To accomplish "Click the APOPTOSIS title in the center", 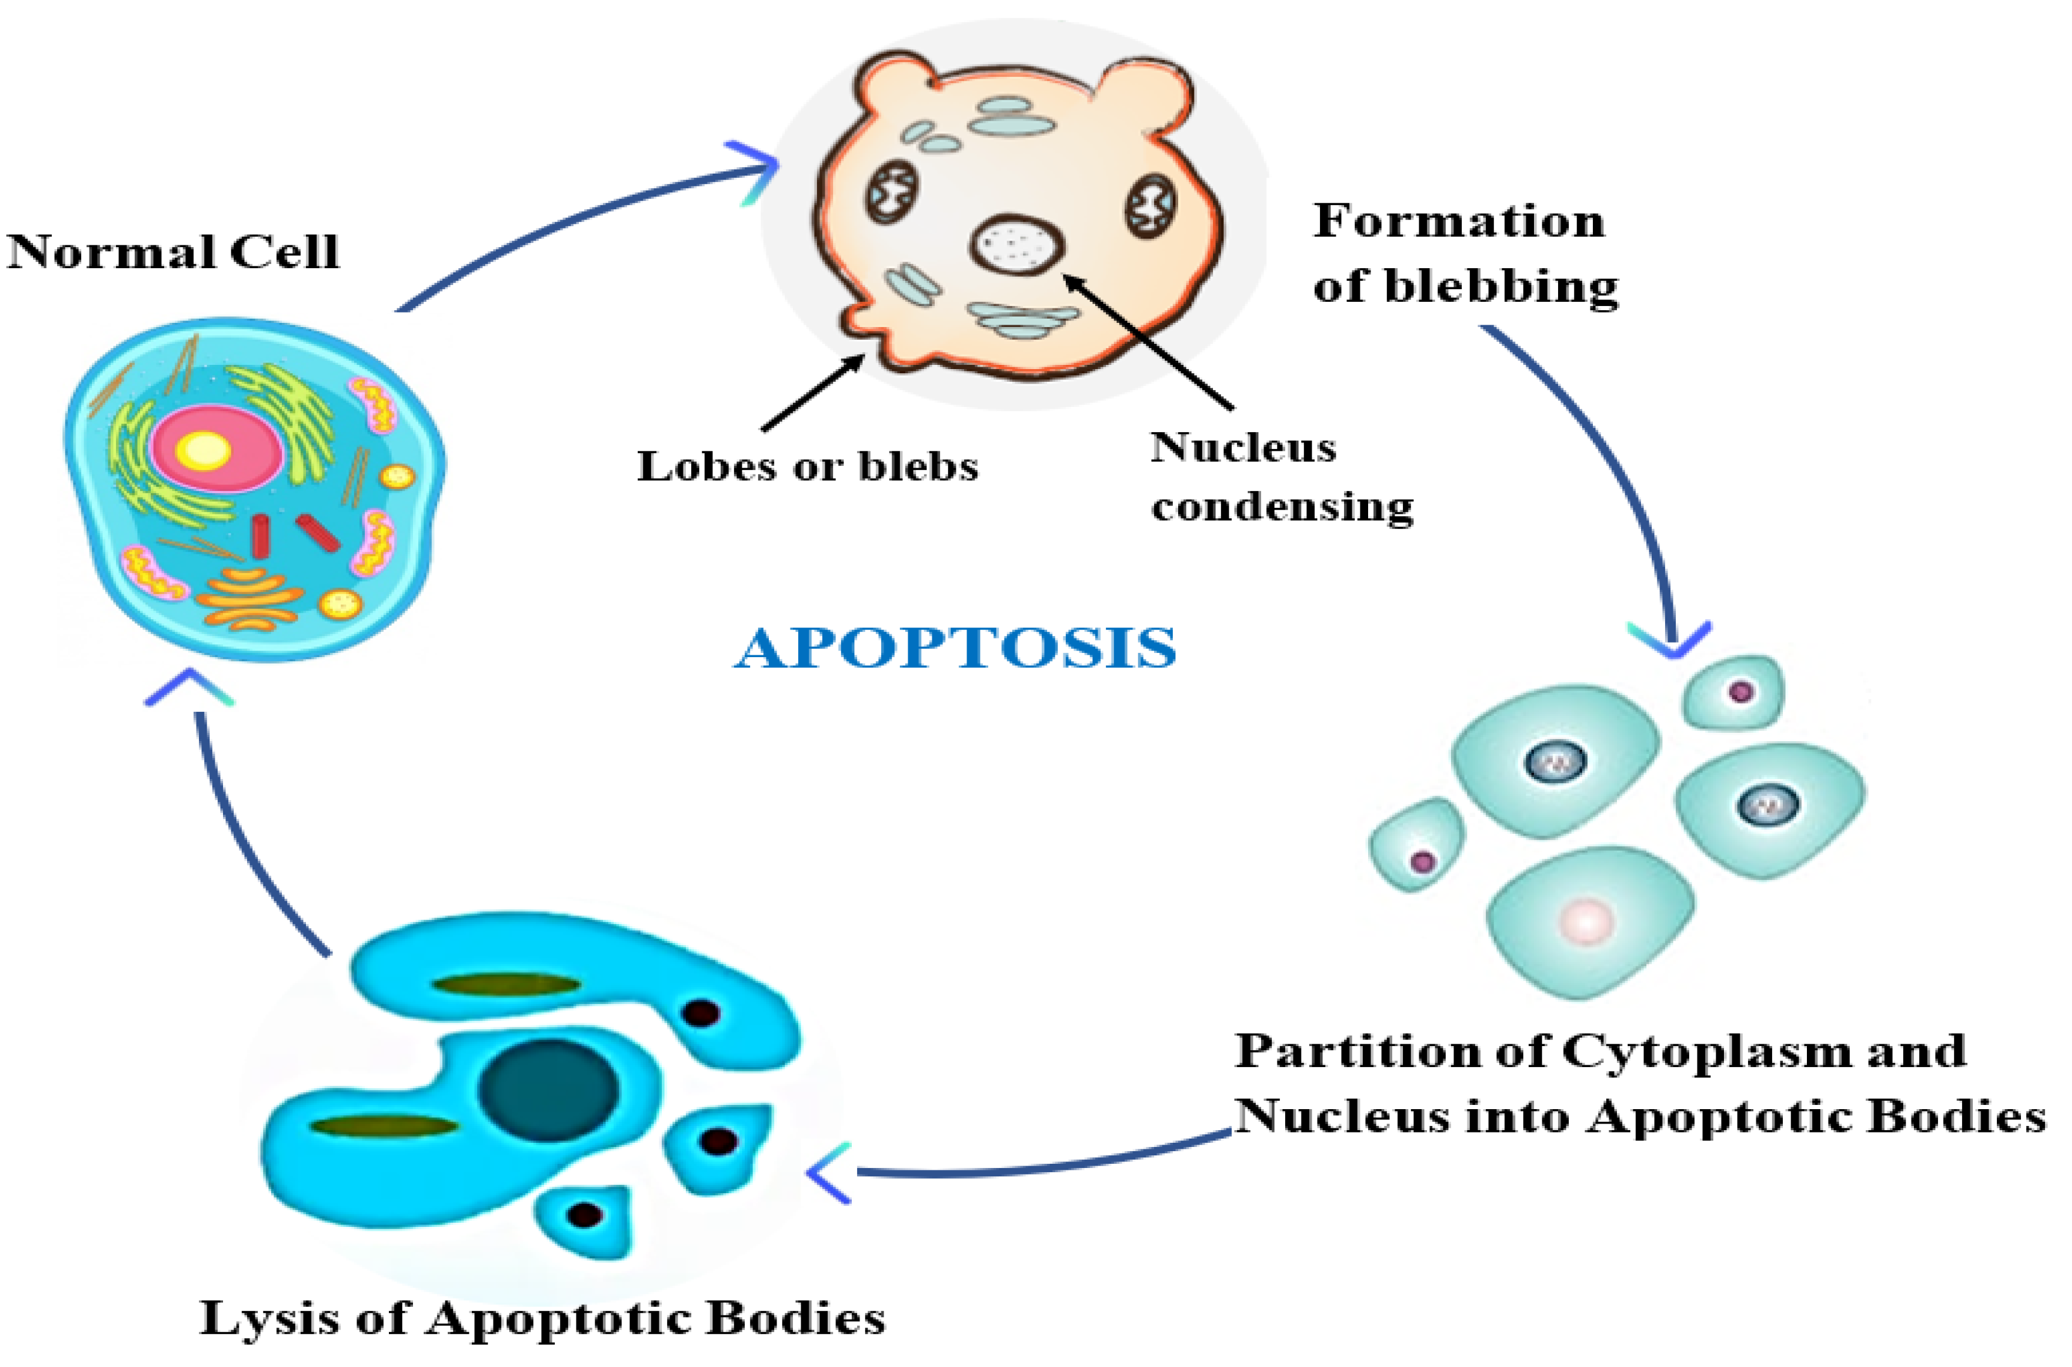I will point(955,649).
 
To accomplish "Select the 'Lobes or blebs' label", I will point(807,466).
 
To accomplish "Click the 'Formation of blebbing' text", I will point(1464,253).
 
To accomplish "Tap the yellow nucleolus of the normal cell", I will point(203,450).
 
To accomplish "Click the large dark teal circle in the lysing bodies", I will point(549,1090).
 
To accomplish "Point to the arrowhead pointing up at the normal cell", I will point(189,687).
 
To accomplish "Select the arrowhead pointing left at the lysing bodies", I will point(830,1173).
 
